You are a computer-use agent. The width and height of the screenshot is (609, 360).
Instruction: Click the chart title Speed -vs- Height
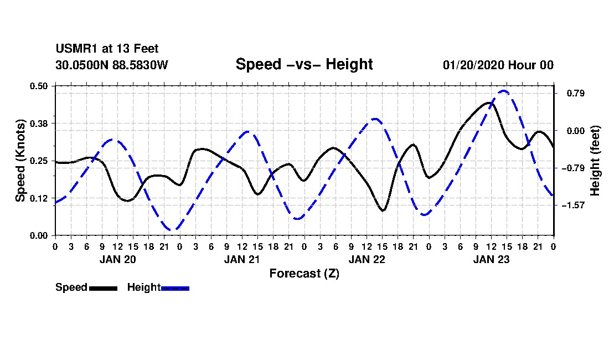click(304, 64)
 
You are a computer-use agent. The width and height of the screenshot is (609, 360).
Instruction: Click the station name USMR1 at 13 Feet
click(107, 49)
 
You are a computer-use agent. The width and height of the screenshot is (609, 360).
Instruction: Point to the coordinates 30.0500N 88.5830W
click(112, 65)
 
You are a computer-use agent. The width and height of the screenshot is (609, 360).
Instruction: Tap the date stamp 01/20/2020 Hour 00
click(498, 65)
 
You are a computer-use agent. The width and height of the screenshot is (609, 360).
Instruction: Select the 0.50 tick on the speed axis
click(38, 86)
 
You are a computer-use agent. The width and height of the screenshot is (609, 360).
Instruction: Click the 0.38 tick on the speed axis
click(38, 124)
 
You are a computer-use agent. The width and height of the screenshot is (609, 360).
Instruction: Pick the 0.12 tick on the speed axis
click(38, 198)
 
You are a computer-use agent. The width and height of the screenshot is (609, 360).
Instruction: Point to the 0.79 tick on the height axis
click(576, 93)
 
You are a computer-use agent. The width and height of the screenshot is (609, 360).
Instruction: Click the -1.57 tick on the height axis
click(573, 205)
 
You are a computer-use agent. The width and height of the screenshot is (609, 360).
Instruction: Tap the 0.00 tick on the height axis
click(576, 131)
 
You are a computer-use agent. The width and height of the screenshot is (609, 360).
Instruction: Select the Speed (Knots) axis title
click(20, 161)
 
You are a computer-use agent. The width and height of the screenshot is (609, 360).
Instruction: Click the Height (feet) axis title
click(595, 161)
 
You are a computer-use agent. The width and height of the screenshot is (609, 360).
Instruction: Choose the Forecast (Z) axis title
click(304, 274)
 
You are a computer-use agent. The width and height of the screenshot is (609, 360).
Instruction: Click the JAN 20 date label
click(118, 259)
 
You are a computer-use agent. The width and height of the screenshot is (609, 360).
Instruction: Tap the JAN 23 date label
click(491, 259)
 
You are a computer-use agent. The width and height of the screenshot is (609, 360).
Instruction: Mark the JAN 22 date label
click(367, 259)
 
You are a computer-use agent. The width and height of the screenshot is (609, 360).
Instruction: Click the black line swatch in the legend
click(103, 289)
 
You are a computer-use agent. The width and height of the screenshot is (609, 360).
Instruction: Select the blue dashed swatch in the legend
click(175, 289)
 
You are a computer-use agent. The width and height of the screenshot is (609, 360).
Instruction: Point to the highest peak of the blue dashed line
click(503, 91)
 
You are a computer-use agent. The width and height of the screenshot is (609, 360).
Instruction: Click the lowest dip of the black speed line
click(383, 210)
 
